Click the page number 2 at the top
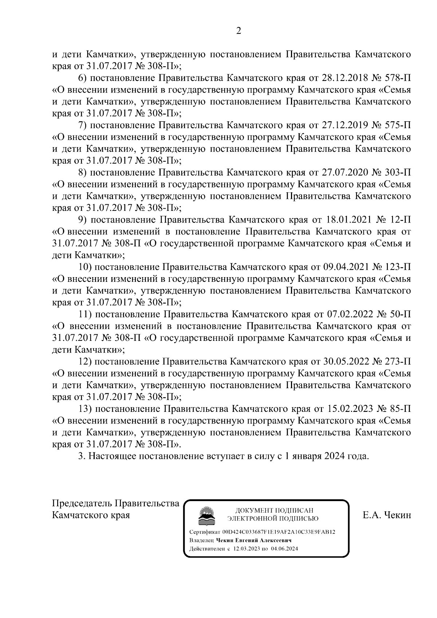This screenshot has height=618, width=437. click(x=239, y=31)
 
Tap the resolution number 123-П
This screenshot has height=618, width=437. click(x=397, y=267)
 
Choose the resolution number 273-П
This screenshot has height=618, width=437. click(x=397, y=362)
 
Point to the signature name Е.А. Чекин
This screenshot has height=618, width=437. click(x=387, y=515)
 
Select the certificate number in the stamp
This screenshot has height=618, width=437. click(x=279, y=532)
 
